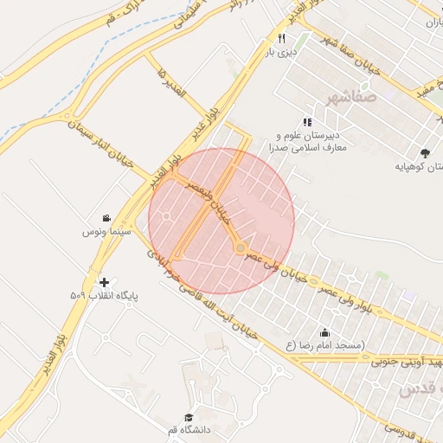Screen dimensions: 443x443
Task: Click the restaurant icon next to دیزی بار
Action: [x=282, y=38]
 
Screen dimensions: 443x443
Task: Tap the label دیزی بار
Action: [x=281, y=52]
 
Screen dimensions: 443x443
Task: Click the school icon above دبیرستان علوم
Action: [x=306, y=122]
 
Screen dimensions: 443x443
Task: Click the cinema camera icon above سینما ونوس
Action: [x=106, y=218]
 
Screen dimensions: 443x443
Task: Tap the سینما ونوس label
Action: [x=106, y=233]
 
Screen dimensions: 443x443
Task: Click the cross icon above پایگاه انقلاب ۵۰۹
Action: [x=105, y=282]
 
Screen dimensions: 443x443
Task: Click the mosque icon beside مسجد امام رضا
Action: [x=324, y=333]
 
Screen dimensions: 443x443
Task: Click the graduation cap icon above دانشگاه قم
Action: [x=189, y=417]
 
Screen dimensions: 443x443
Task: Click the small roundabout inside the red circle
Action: [x=240, y=249]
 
